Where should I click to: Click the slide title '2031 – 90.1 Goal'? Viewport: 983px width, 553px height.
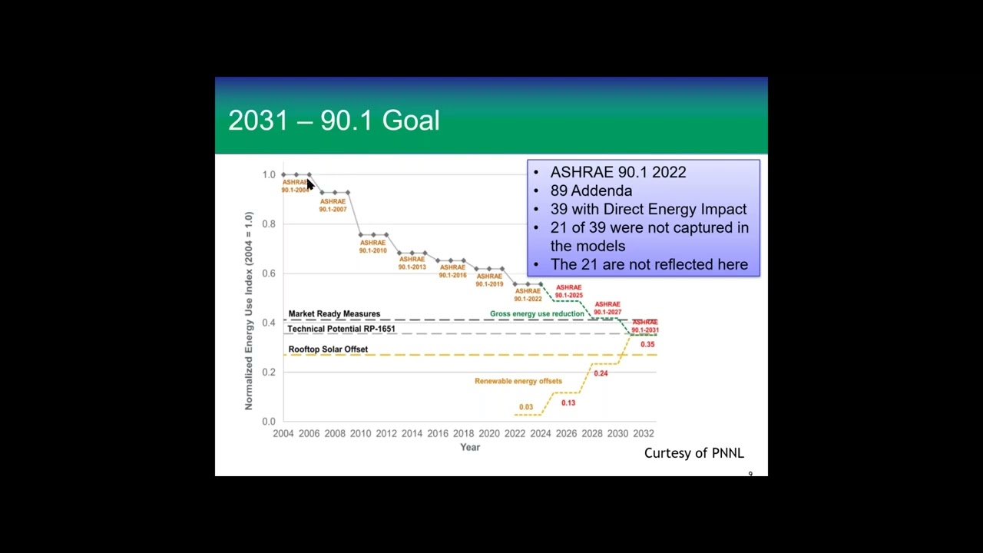(334, 121)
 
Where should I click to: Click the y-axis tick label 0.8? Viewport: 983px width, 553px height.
(268, 224)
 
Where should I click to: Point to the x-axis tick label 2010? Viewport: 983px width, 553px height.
(360, 434)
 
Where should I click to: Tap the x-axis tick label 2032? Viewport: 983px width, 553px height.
(644, 434)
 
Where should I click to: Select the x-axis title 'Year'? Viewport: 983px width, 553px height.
(470, 447)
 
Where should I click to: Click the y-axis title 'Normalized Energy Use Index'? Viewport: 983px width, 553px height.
(249, 311)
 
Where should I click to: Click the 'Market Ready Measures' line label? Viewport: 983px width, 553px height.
(334, 314)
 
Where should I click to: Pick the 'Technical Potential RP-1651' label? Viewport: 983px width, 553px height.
(341, 329)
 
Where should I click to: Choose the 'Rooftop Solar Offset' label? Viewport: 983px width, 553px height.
(328, 349)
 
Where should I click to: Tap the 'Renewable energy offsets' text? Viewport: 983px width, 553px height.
(518, 381)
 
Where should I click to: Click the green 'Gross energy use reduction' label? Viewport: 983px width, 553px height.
(537, 314)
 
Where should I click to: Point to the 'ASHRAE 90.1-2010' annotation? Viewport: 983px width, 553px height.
(373, 247)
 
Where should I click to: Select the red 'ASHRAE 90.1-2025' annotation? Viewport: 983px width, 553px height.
(569, 291)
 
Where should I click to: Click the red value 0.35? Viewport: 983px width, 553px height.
(647, 345)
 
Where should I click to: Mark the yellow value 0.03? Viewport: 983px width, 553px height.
(526, 407)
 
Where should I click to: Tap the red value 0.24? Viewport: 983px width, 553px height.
(601, 373)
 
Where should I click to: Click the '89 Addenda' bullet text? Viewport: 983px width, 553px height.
(591, 190)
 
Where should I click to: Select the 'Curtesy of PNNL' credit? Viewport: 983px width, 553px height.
(693, 453)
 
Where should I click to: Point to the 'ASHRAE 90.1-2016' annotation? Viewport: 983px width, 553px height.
(452, 271)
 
